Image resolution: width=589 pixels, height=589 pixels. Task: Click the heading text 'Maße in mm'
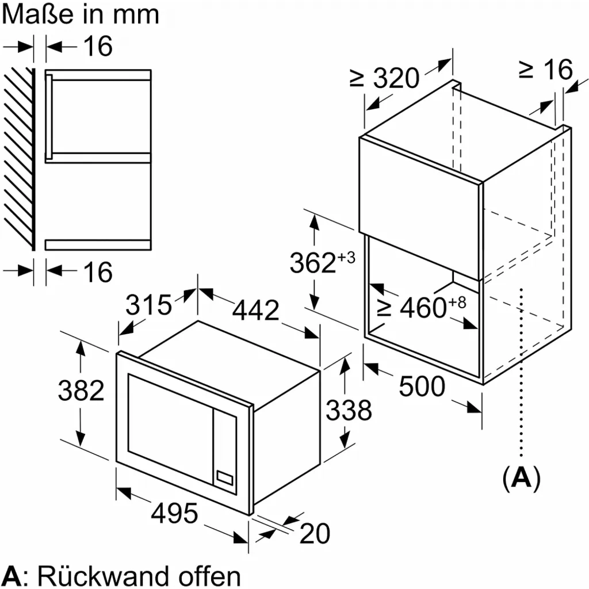pos(80,14)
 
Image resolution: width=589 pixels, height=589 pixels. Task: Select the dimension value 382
pos(81,391)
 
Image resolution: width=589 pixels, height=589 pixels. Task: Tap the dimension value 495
pos(174,512)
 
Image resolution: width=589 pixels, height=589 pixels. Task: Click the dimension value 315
pos(149,304)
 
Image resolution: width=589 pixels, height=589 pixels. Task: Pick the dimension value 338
pos(349,410)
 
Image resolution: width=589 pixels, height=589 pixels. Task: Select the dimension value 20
pos(315,534)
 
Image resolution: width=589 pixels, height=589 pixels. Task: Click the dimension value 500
pos(422,387)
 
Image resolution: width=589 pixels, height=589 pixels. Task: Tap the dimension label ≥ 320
pos(384,78)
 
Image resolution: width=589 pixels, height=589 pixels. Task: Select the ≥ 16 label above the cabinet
pos(546,70)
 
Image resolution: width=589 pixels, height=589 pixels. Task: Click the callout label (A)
pos(522,478)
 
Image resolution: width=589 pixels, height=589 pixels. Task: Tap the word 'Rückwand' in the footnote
pos(109,575)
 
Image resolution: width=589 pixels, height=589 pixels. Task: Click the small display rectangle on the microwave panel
pos(224,476)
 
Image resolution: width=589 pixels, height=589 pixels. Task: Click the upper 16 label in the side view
pos(97,46)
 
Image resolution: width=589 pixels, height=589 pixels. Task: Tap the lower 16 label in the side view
pos(97,271)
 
